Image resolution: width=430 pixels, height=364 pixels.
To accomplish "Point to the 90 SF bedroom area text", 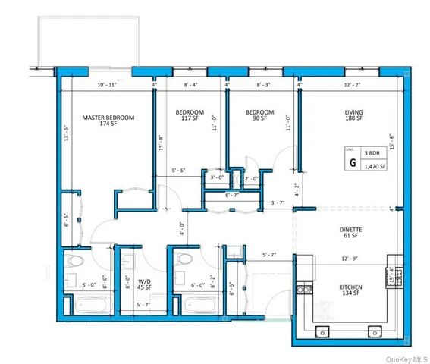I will [x=254, y=121].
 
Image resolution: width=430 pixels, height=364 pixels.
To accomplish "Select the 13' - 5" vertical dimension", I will [x=66, y=133].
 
